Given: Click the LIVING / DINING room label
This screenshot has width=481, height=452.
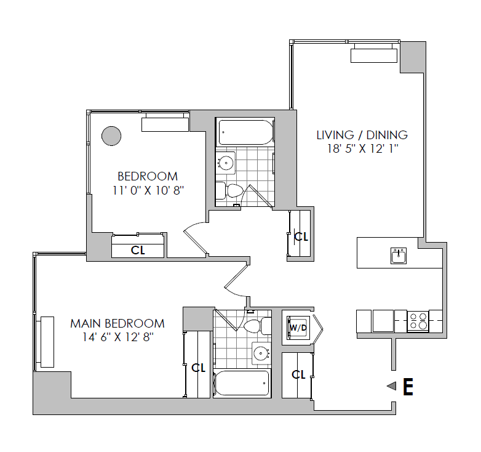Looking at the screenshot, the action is tap(362, 135).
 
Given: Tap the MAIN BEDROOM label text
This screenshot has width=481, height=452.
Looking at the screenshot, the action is tap(117, 324).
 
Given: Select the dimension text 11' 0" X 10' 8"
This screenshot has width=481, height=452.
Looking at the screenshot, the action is tap(148, 190).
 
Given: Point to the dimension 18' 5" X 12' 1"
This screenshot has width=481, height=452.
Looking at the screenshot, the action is tap(362, 149).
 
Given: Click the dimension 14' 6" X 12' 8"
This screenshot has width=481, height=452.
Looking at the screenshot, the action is tap(118, 337).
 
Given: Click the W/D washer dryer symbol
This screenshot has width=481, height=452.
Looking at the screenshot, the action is tap(298, 328).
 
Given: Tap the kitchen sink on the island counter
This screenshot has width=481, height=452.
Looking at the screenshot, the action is tap(399, 256).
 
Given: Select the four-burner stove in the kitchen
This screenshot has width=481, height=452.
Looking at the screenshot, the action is tap(418, 321).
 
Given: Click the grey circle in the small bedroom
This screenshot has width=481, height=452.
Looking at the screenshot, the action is tap(111, 135).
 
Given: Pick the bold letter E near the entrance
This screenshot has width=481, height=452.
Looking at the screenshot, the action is tap(408, 387).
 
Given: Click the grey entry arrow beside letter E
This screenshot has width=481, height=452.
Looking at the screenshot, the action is tap(392, 386).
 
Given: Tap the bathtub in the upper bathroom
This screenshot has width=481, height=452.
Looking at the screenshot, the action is tap(245, 132).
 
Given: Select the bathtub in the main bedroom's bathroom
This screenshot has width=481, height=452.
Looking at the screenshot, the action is tap(242, 383).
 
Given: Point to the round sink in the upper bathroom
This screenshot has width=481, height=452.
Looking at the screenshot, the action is tap(226, 163).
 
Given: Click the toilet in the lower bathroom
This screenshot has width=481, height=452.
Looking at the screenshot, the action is tap(257, 326).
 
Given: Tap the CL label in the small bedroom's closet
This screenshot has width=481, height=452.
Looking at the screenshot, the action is tap(138, 250).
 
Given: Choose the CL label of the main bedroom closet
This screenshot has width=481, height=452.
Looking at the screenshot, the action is tap(199, 368).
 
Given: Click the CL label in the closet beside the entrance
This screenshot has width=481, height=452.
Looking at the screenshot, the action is tap(298, 374).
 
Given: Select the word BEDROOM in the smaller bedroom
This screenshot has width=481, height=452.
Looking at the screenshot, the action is tap(148, 177).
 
